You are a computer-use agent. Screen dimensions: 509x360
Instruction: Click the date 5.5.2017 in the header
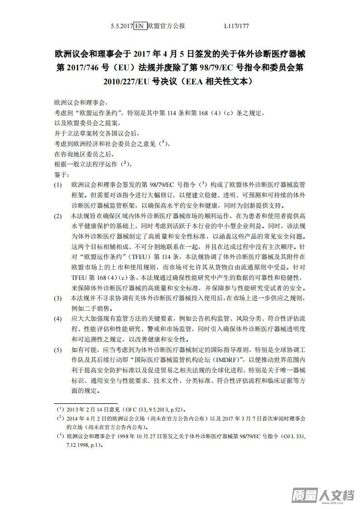point(122,26)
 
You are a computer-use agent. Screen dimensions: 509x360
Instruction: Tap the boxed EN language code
point(139,26)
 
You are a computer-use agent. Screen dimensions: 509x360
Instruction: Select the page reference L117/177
point(237,26)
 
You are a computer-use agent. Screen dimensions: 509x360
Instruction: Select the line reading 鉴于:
point(61,174)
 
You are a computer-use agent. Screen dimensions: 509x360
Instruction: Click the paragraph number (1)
point(58,185)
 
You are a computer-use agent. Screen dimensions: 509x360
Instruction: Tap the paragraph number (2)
point(58,216)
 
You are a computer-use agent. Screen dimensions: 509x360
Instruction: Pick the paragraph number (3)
point(58,299)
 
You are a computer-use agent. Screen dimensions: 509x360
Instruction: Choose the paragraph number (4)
point(58,319)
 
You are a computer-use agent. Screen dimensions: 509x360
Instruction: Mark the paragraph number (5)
point(58,350)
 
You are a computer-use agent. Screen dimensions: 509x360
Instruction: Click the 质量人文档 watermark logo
point(323,495)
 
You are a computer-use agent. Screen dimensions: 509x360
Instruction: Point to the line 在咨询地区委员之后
point(83,154)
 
